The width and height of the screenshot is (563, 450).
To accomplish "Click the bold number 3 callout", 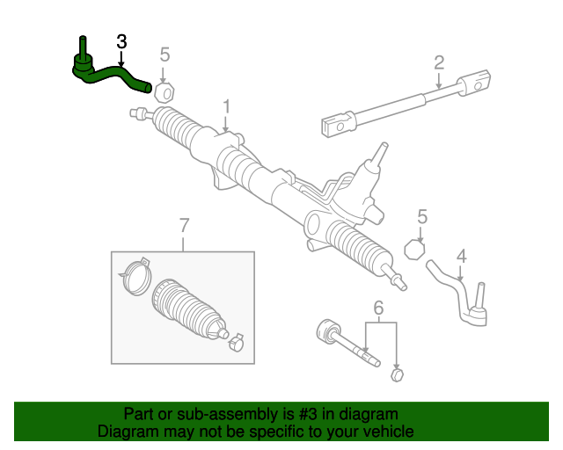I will [x=121, y=42].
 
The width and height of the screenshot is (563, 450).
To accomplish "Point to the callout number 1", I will [x=226, y=106].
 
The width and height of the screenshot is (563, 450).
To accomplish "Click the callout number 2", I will [x=438, y=62].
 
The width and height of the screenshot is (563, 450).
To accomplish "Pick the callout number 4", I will [x=461, y=258].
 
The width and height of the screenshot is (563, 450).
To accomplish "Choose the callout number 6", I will [x=379, y=308].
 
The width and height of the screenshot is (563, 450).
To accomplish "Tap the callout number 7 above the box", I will [x=184, y=226].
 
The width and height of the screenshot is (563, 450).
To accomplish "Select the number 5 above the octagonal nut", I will [x=422, y=216].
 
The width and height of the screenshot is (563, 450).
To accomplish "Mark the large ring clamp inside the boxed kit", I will [x=134, y=273].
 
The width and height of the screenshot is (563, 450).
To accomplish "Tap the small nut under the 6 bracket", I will [x=396, y=375].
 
